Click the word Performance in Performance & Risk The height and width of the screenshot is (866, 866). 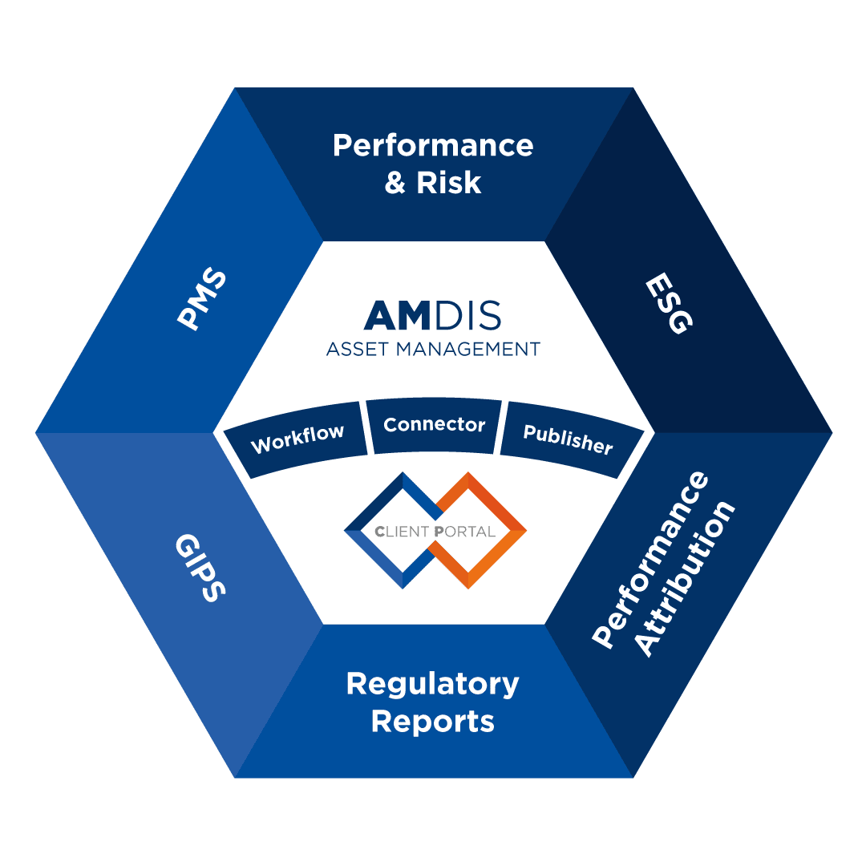tap(433, 146)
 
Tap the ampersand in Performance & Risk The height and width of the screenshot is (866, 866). tap(395, 183)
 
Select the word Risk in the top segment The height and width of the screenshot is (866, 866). tap(449, 183)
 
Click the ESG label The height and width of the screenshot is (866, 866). tap(667, 305)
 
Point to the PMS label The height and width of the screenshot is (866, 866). tap(201, 301)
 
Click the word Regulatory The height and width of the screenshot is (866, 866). tap(433, 685)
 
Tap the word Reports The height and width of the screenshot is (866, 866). tap(433, 721)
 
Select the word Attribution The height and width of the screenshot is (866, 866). tap(686, 579)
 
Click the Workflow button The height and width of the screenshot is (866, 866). tap(297, 438)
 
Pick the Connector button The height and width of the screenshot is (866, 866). tap(435, 425)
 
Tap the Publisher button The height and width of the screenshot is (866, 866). tap(568, 438)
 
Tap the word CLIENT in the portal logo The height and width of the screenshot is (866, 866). tap(402, 531)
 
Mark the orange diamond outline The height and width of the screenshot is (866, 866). tap(497, 497)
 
